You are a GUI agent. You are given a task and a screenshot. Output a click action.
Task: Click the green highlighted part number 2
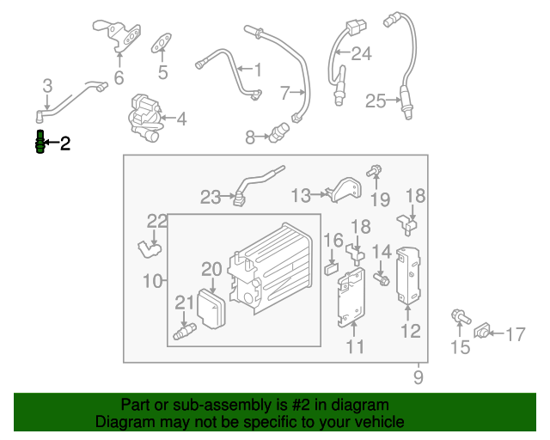pyautogui.click(x=39, y=143)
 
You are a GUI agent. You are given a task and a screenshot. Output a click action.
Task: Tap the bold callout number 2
pyautogui.click(x=64, y=144)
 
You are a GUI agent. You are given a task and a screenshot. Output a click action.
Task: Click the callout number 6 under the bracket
pyautogui.click(x=119, y=78)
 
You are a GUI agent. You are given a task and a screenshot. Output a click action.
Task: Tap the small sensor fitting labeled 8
pyautogui.click(x=277, y=133)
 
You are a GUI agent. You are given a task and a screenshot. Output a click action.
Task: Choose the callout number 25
pyautogui.click(x=376, y=101)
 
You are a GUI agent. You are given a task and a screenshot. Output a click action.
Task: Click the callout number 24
pyautogui.click(x=361, y=54)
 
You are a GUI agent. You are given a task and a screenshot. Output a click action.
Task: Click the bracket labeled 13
pyautogui.click(x=343, y=190)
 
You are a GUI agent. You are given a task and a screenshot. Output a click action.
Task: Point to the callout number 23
pyautogui.click(x=211, y=198)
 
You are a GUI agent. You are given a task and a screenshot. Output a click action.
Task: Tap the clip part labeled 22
pyautogui.click(x=150, y=248)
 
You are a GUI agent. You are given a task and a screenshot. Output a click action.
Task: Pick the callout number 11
pyautogui.click(x=355, y=346)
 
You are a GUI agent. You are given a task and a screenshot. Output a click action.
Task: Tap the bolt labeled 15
pyautogui.click(x=460, y=319)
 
